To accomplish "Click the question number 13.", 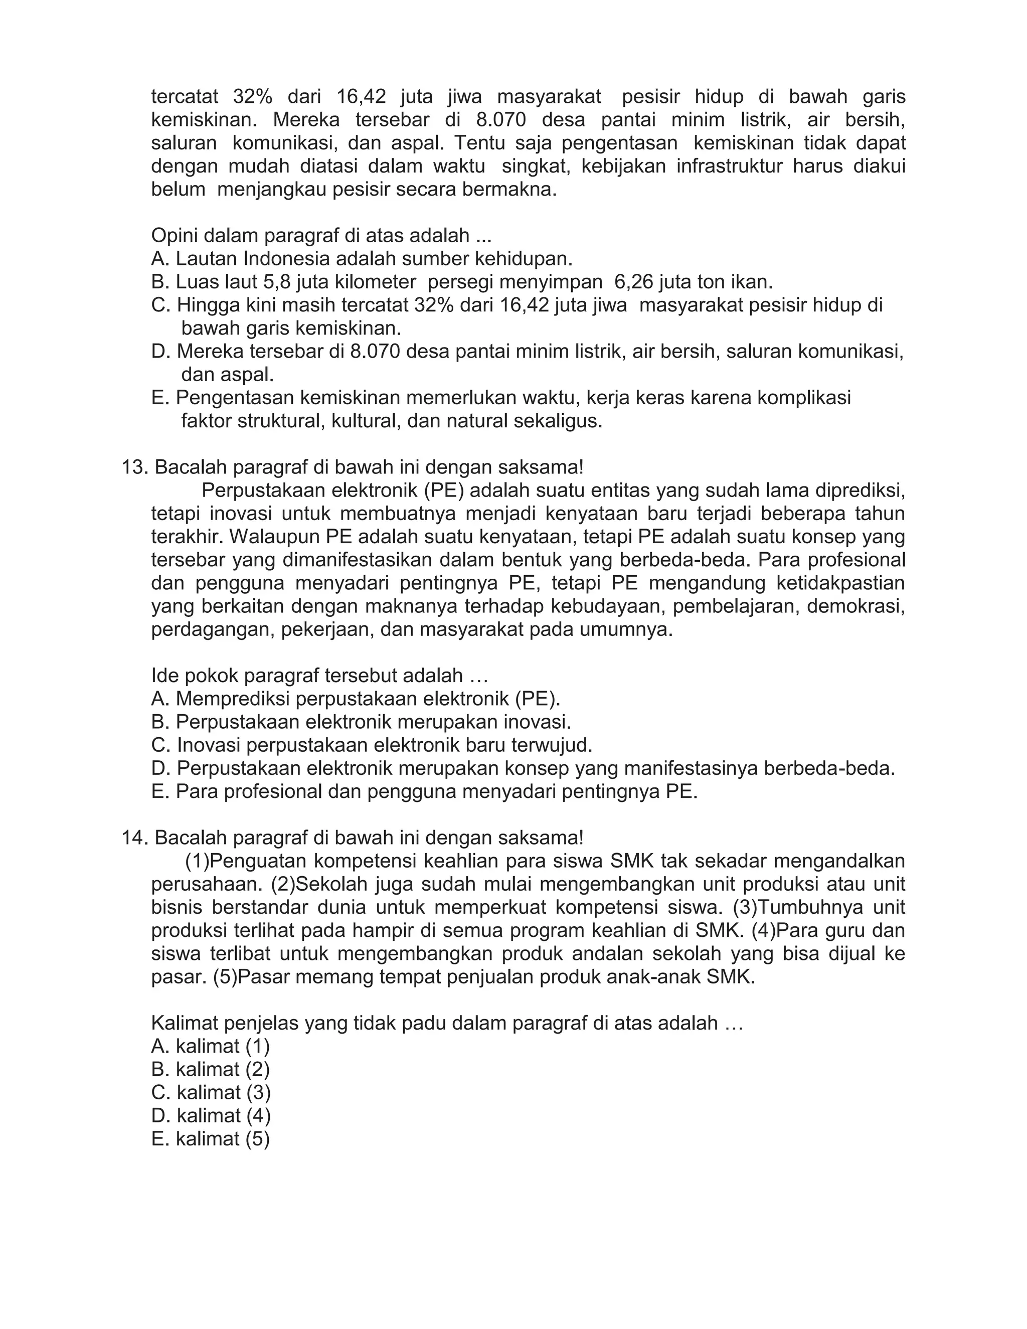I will (x=134, y=468).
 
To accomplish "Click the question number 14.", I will (x=134, y=838).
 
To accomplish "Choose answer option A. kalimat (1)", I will (x=211, y=1046).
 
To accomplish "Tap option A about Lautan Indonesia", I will (x=362, y=259).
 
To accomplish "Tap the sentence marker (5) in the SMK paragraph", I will (x=223, y=977).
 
